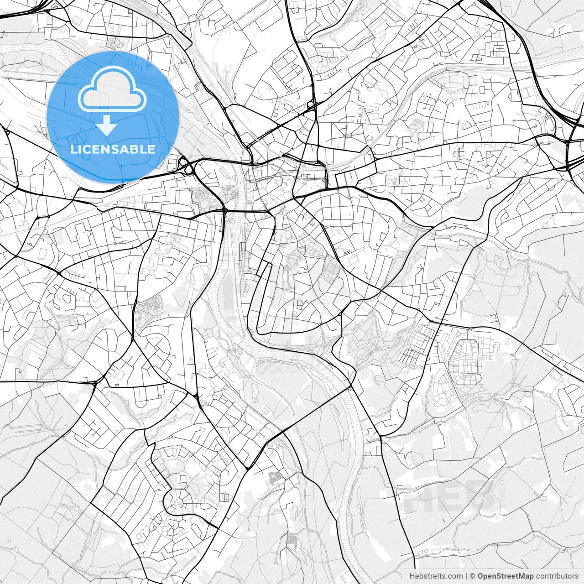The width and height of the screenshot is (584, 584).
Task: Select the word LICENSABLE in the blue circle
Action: click(x=112, y=149)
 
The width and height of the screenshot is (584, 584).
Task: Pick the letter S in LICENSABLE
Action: click(x=116, y=149)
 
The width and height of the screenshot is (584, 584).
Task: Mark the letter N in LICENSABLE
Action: click(x=106, y=149)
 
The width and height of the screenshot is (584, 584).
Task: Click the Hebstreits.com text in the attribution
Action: click(x=436, y=576)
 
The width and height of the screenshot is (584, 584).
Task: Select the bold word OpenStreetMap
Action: click(x=505, y=576)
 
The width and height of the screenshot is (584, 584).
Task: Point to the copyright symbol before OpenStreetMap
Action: click(x=473, y=576)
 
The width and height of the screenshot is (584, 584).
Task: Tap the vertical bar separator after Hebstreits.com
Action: click(x=466, y=576)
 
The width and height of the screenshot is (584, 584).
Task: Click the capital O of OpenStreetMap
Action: click(x=480, y=576)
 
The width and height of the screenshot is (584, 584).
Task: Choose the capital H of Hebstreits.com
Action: click(x=412, y=576)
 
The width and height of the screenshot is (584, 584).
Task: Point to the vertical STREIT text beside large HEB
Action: click(x=502, y=497)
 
